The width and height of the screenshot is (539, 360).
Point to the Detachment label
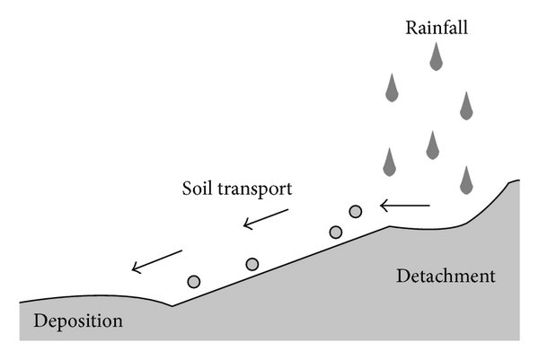(x=446, y=277)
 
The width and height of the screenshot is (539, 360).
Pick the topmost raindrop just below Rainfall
(x=436, y=57)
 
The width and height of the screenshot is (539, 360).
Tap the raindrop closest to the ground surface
(x=465, y=180)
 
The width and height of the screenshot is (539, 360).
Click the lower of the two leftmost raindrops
(x=390, y=162)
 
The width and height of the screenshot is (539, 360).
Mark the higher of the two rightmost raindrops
(x=465, y=106)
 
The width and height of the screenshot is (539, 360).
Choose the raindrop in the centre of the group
(x=432, y=143)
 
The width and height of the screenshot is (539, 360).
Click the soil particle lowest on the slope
(x=194, y=281)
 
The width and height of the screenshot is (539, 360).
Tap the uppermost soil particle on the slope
(x=356, y=212)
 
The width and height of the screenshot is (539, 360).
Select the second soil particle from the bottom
(x=252, y=264)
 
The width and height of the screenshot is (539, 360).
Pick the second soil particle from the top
(x=336, y=233)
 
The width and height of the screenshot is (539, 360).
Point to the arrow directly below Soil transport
(x=266, y=219)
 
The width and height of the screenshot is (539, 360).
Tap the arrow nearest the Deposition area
(x=156, y=260)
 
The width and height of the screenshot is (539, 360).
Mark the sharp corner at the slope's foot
(x=172, y=306)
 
